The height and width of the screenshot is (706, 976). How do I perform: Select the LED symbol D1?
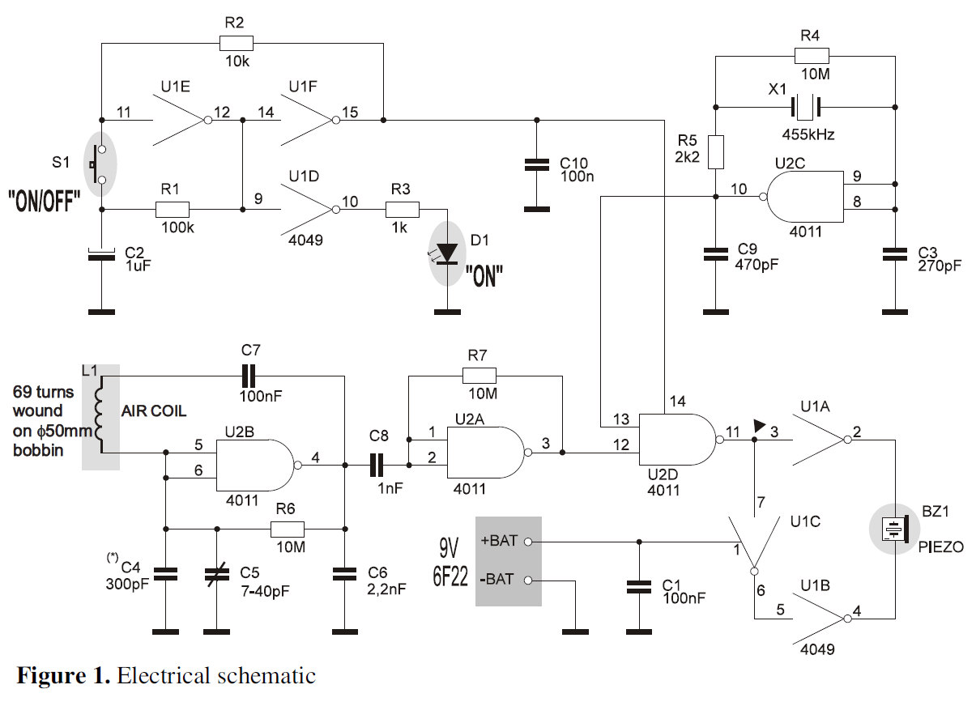[446, 252]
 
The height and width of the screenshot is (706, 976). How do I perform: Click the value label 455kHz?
[808, 134]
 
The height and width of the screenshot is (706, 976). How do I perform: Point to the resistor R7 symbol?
[479, 376]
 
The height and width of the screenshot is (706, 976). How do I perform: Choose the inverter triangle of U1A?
[819, 440]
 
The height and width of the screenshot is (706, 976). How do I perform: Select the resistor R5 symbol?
[715, 151]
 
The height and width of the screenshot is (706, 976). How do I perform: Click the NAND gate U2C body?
[802, 196]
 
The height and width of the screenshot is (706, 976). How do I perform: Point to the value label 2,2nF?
[386, 589]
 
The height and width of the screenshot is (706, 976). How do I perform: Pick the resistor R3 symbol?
[403, 210]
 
